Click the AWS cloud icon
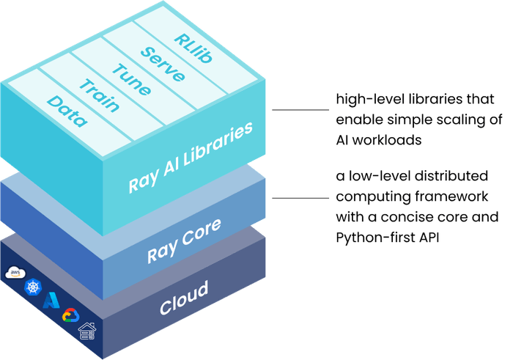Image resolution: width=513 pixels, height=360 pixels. click(15, 273)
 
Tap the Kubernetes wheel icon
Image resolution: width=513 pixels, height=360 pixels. click(32, 287)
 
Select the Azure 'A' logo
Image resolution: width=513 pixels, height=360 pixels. click(51, 301)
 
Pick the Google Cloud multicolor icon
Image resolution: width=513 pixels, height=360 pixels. click(70, 315)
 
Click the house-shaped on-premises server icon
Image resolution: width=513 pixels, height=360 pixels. click(88, 331)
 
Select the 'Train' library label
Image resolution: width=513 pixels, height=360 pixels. click(100, 94)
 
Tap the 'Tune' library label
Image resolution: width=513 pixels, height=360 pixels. click(130, 79)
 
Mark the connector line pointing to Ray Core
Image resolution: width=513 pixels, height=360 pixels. click(300, 197)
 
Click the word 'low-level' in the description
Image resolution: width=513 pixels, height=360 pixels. click(371, 178)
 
